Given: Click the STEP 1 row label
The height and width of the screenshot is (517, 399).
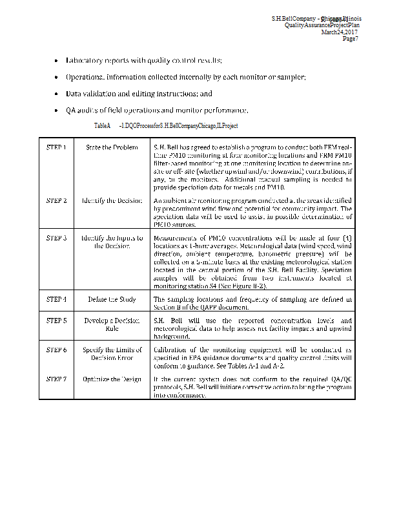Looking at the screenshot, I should (56, 147).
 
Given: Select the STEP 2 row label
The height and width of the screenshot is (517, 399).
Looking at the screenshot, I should (56, 200).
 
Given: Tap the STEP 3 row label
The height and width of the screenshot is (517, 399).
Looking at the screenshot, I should (56, 238).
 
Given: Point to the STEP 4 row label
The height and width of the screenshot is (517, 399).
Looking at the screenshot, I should (56, 299).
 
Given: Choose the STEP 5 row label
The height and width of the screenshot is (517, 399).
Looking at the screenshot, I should (56, 321).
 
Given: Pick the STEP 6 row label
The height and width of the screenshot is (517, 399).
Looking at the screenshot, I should (56, 350).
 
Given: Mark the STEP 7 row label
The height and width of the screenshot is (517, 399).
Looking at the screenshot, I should (56, 379).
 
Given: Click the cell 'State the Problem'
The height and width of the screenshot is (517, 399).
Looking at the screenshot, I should (112, 147).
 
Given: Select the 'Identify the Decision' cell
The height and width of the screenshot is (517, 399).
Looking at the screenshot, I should (112, 200).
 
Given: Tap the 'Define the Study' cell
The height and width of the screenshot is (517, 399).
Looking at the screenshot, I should (112, 299).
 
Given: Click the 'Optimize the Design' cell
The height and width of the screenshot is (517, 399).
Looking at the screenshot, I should (112, 379).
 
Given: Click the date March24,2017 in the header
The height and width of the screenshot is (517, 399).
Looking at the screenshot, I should (340, 32).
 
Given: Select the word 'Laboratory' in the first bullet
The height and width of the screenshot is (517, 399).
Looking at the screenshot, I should (85, 60).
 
